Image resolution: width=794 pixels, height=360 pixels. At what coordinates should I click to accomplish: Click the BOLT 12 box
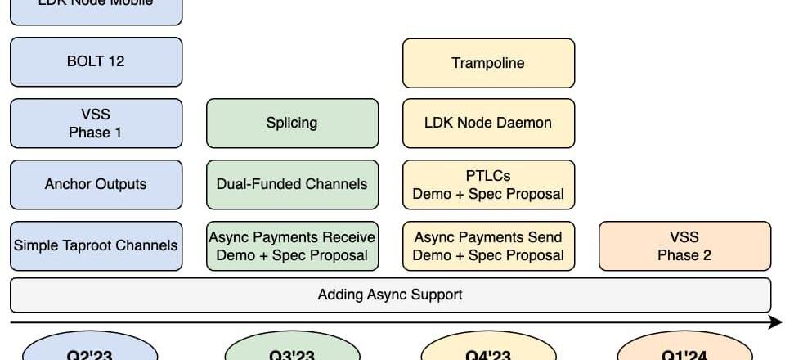coord(96,62)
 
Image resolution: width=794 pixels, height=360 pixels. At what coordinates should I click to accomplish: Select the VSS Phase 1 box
coord(96,124)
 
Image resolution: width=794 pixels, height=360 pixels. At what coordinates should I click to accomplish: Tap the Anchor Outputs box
coord(96,185)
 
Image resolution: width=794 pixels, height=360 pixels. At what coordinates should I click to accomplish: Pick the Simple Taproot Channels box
coord(96,245)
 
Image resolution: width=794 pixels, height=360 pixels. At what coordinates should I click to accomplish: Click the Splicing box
coord(292,124)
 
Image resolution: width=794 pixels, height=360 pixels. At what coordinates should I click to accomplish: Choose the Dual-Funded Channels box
coord(292,185)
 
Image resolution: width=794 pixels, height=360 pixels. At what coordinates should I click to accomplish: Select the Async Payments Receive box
coord(292,245)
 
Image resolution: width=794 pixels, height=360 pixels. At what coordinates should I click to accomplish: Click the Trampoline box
coord(488,62)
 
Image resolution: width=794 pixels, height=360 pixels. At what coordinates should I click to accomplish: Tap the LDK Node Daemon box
coord(488,124)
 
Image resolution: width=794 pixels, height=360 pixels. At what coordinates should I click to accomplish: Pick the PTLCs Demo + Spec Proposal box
coord(488,185)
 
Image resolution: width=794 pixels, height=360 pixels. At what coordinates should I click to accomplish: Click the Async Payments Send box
coord(488,245)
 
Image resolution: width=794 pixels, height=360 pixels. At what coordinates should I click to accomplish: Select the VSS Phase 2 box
coord(684,245)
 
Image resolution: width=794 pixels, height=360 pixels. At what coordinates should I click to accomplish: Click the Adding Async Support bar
coord(390,295)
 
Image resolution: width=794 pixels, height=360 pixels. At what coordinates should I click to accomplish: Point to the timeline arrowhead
coord(777,323)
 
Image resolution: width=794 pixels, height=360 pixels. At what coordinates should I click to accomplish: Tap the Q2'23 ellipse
coord(89,349)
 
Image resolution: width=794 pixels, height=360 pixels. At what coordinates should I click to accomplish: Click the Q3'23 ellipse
coord(292,349)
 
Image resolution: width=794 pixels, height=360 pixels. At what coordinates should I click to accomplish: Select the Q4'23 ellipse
coord(488,349)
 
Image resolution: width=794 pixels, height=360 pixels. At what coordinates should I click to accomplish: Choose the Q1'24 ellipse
coord(684,349)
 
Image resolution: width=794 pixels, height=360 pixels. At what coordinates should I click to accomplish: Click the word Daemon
coord(524,124)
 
